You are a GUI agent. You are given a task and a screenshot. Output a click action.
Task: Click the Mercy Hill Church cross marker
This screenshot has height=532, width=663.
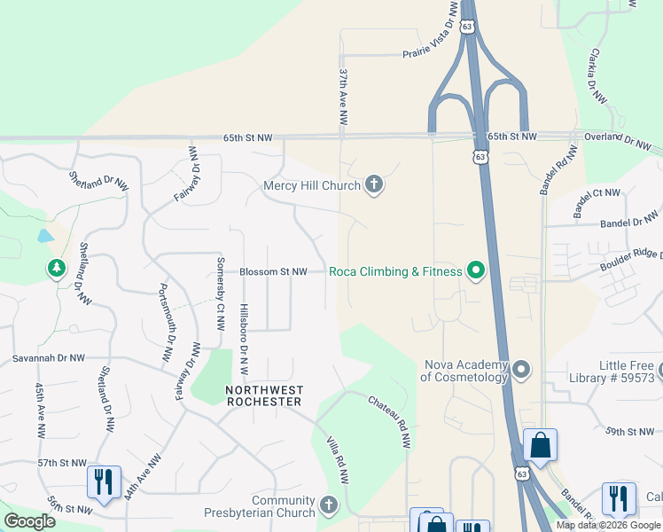374,185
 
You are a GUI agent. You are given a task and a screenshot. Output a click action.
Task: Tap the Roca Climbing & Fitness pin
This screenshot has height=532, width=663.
476,271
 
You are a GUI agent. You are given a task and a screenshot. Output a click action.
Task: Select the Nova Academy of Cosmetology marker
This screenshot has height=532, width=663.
521,369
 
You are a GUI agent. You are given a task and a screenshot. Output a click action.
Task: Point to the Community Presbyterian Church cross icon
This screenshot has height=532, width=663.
329,505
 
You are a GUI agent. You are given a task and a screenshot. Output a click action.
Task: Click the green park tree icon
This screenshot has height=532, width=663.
57,267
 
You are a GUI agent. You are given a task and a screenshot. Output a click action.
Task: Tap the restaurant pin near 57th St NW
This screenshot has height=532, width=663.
104,481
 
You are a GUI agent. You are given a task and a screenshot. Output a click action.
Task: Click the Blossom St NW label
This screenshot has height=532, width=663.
274,271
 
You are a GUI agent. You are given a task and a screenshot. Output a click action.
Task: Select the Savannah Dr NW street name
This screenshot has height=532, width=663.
49,358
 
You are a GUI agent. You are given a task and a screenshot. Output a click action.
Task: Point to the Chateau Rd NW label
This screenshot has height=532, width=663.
390,421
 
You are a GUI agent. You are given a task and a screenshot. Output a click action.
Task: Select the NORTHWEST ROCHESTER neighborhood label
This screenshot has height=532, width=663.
264,395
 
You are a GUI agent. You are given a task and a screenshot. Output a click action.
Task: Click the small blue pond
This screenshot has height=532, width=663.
44,236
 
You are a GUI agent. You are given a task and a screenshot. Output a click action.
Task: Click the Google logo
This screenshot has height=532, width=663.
29,520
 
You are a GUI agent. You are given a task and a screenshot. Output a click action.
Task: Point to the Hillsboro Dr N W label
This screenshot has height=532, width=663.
245,340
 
